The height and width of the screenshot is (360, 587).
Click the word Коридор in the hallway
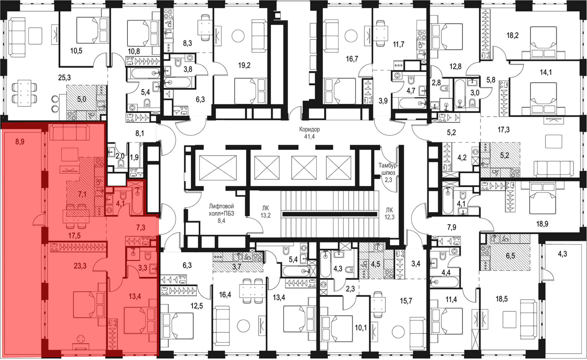309,129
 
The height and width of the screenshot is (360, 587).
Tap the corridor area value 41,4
309,137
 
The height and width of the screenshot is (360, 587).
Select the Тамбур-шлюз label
388,169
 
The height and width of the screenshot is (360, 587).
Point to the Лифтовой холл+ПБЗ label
221,210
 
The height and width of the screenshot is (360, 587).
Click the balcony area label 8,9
20,142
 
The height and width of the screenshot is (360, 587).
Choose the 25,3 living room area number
64,78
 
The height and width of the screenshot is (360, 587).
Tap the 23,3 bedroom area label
80,266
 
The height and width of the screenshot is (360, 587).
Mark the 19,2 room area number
244,65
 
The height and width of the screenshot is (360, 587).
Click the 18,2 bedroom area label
512,36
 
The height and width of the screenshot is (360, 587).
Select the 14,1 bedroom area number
546,72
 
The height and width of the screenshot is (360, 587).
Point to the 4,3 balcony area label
562,254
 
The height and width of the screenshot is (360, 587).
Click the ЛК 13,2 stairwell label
265,212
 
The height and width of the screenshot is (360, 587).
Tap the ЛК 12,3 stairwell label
389,213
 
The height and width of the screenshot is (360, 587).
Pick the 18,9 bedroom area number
542,224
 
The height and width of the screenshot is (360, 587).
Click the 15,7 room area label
406,301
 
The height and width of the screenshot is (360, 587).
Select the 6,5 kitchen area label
510,256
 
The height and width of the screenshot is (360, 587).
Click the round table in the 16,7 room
351,36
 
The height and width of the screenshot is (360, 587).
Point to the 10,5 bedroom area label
76,51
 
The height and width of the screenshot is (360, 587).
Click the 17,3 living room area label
504,129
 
